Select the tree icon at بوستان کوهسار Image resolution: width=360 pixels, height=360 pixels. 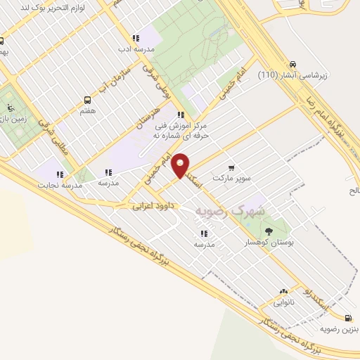268,231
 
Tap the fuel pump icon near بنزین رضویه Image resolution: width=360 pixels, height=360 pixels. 349,318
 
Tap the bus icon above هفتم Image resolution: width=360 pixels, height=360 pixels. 87,100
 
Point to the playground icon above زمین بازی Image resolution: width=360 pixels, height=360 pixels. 10,108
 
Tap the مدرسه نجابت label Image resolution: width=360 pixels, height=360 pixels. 60,184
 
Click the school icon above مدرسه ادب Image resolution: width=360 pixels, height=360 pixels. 136,38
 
